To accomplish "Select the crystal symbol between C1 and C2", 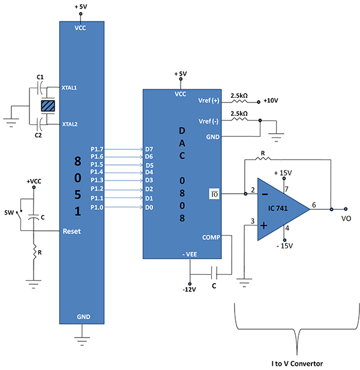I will pos(47,106).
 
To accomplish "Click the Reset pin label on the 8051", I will pos(72,231).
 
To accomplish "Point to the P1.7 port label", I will pos(96,149).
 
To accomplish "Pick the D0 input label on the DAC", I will pos(149,207).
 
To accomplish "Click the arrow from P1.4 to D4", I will pos(124,173).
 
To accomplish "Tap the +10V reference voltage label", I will pos(271,101).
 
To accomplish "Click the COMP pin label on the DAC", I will pos(211,237).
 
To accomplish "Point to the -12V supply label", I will pos(190,291).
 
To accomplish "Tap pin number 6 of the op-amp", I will pos(315,205).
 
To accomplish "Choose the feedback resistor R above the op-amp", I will pos(264,160).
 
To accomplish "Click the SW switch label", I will pos(9,212).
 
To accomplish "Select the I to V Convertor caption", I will pos(296,363).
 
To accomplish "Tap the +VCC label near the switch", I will pos(35,181).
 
